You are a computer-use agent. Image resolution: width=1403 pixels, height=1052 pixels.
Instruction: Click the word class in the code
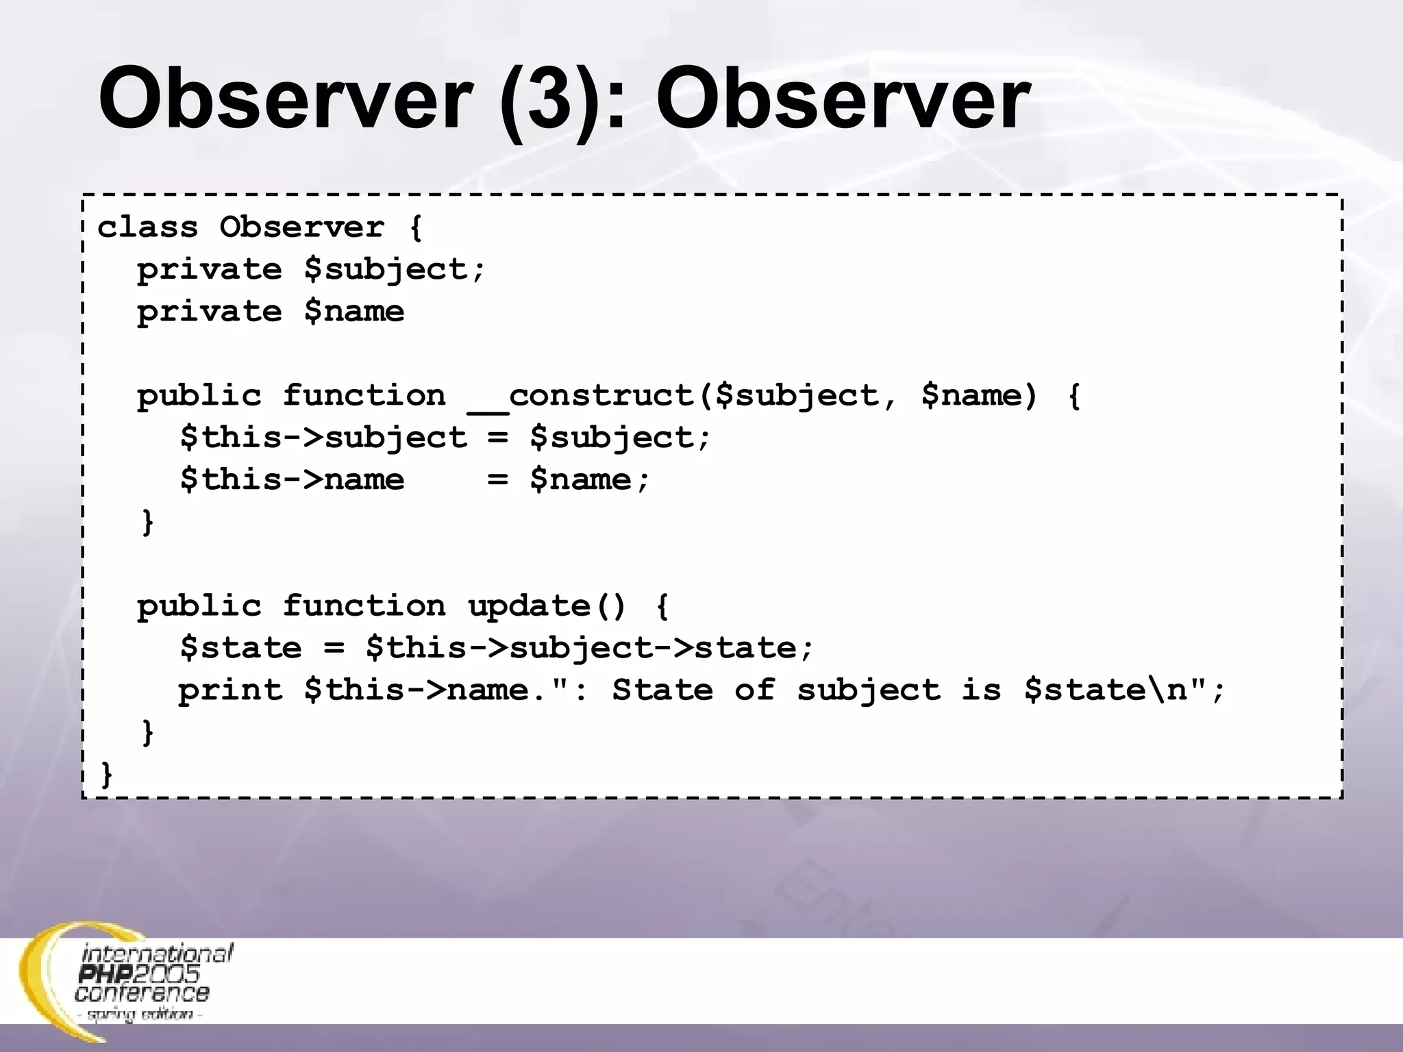pos(147,227)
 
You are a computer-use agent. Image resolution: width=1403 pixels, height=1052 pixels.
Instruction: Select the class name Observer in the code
pos(301,227)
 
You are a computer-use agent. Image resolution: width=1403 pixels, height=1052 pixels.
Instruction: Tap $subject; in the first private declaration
pos(395,269)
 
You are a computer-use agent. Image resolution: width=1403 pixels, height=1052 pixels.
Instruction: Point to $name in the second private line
pos(354,312)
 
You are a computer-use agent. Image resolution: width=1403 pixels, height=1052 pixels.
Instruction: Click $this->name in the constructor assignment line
pos(292,479)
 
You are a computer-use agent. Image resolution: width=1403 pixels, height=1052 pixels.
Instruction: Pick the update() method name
pos(546,606)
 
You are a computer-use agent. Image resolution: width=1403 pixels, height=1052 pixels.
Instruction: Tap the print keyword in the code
pos(230,690)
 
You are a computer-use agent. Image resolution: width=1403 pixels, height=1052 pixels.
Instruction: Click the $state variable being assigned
pos(240,648)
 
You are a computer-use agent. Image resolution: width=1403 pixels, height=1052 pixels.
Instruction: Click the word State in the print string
pos(662,690)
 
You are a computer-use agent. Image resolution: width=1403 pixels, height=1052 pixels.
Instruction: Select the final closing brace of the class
pos(106,775)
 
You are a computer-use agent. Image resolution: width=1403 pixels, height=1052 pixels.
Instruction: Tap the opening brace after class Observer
pos(415,227)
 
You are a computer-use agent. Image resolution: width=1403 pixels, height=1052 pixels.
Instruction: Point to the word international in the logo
pos(158,953)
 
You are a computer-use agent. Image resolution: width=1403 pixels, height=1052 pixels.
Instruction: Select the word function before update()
pos(364,606)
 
